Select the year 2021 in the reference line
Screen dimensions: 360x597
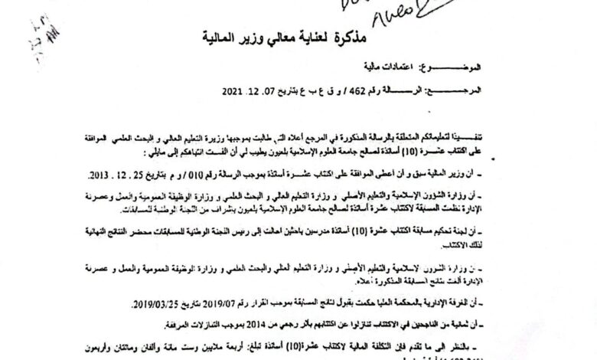pyautogui.click(x=232, y=90)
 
